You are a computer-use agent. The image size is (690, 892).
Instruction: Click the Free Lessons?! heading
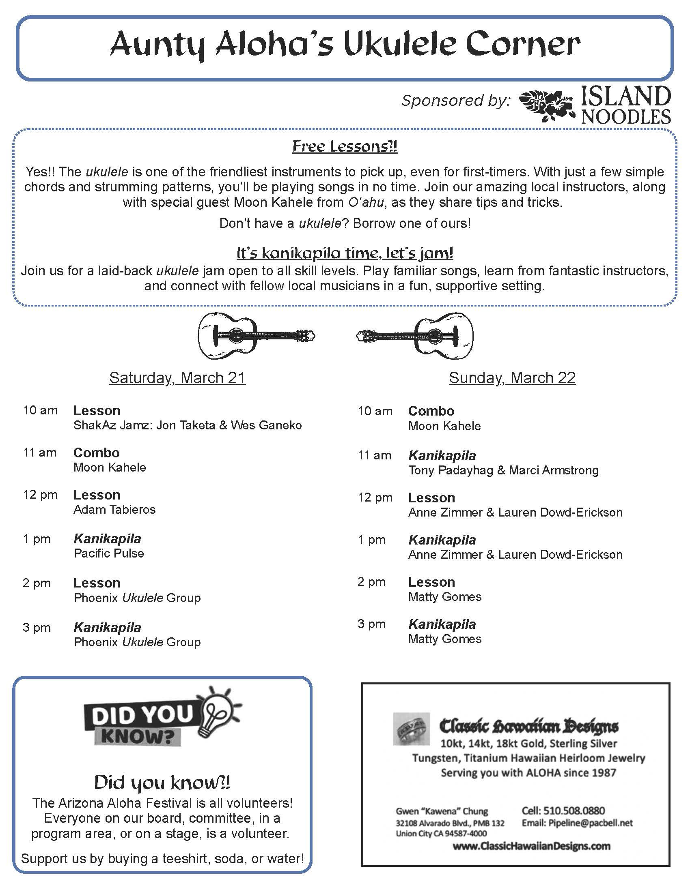tap(345, 146)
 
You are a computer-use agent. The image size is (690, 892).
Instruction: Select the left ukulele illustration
tap(256, 335)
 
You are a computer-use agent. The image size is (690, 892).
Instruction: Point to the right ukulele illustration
tap(415, 336)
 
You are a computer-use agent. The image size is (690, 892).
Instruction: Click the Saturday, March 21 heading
tap(177, 378)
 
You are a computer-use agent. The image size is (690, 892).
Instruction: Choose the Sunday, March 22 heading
tap(512, 378)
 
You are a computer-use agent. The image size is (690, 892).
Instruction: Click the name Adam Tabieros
tap(114, 509)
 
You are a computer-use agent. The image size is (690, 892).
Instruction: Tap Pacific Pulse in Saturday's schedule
tap(109, 553)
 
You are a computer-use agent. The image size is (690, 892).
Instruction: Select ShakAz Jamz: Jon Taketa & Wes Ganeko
tap(188, 425)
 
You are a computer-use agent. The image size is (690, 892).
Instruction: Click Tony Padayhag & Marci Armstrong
tap(503, 470)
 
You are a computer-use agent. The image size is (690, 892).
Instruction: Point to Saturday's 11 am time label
tap(40, 452)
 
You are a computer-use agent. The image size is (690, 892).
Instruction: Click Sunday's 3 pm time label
tap(371, 624)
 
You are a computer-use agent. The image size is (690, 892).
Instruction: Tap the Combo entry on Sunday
tap(431, 411)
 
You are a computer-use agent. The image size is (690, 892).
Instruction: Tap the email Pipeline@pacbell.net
tap(577, 823)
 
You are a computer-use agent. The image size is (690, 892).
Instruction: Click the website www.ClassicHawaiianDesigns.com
tap(531, 846)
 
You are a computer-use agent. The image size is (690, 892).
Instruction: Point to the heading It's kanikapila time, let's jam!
tap(345, 253)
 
